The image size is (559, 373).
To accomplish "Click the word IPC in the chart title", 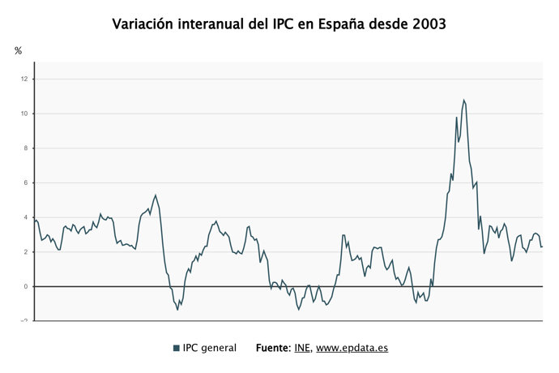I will click(281, 24).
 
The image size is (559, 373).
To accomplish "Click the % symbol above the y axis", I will click(19, 51).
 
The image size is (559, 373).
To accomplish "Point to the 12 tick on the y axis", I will click(24, 79).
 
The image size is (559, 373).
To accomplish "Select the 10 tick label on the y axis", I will click(24, 114).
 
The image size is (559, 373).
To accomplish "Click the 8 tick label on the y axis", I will click(26, 148).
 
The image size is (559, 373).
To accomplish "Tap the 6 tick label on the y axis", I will click(26, 183).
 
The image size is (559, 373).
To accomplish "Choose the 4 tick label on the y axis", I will click(26, 217).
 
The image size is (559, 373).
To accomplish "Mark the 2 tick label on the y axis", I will click(26, 252).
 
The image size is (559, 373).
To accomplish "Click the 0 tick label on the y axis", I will click(26, 287).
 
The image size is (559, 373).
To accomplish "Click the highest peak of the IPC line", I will click(464, 101).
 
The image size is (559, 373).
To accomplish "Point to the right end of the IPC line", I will click(541, 247).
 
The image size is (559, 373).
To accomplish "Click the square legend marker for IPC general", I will click(176, 349).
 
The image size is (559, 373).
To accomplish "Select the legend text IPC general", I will click(210, 349).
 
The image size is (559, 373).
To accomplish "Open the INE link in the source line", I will click(301, 349).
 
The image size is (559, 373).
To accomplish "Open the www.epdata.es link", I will click(352, 349).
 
